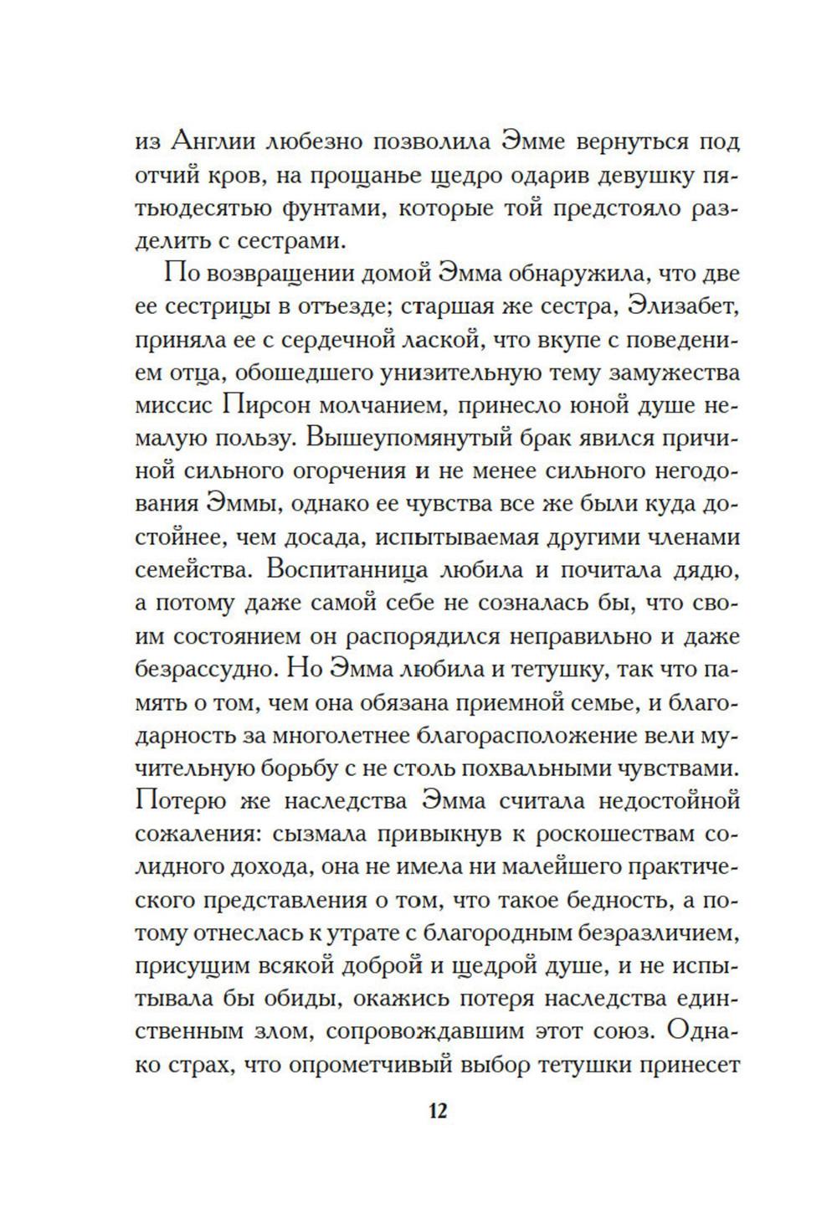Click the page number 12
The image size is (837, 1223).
point(438,1112)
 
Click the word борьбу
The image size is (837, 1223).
point(328,768)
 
